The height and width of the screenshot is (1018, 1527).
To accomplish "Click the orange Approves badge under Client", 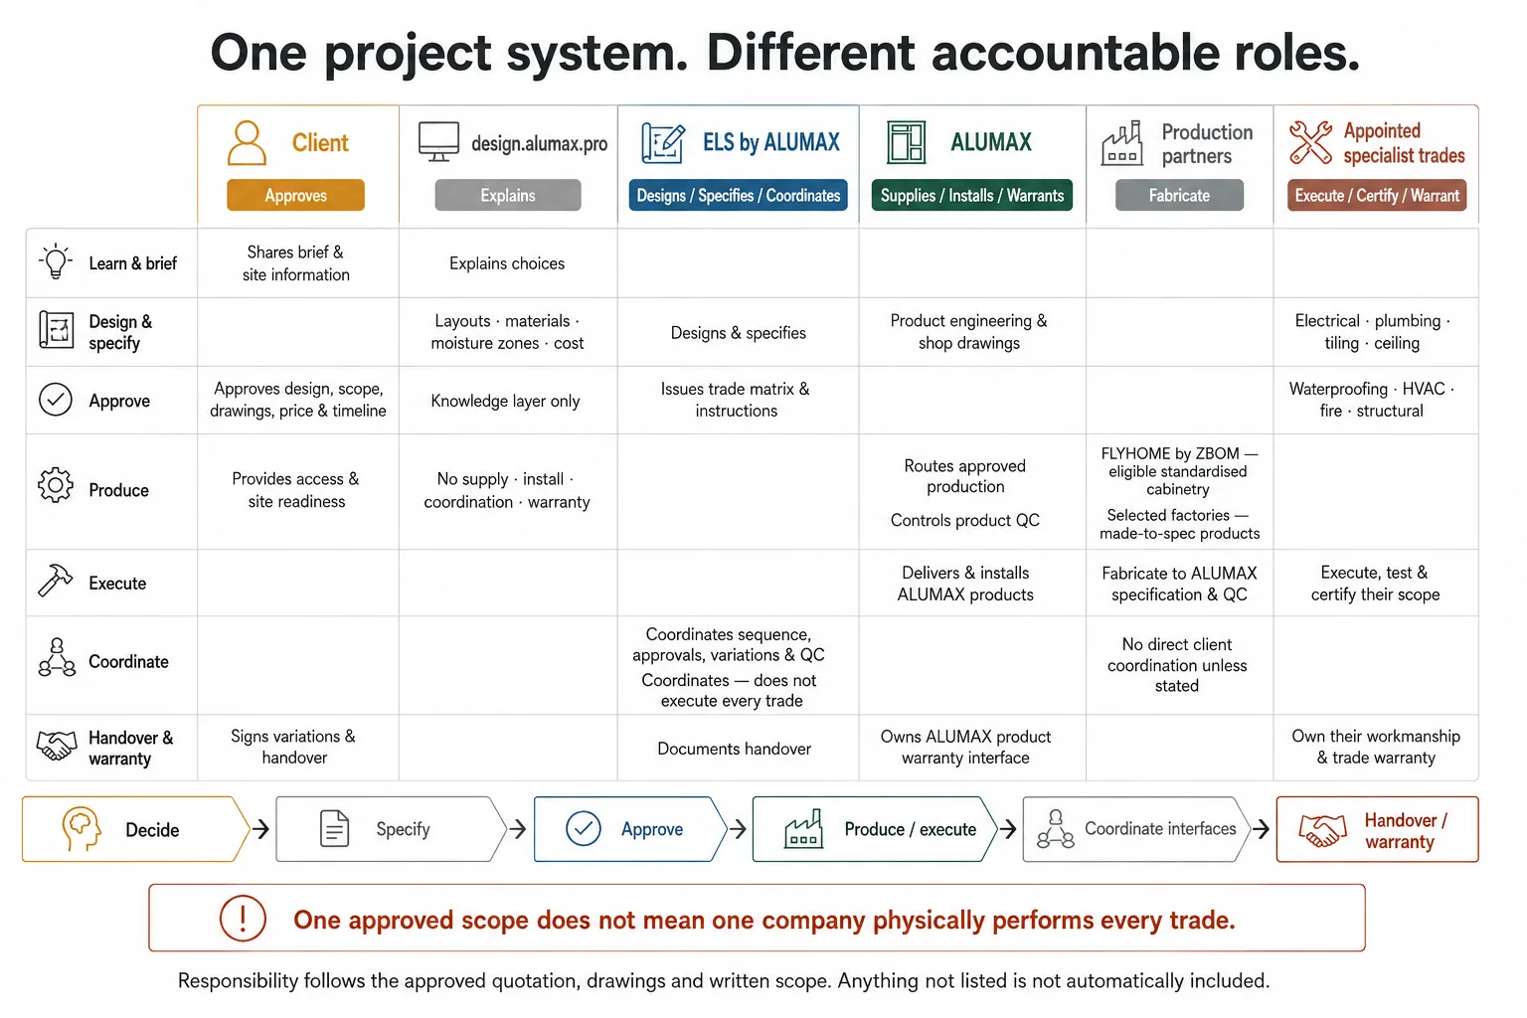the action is [x=295, y=195].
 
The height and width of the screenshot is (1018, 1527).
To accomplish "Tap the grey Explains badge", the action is [x=508, y=195].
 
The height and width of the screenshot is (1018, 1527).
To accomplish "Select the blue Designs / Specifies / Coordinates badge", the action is [x=739, y=195].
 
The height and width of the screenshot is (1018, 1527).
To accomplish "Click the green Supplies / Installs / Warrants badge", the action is [x=972, y=195].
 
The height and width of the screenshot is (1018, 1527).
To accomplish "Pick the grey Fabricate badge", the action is [x=1179, y=195].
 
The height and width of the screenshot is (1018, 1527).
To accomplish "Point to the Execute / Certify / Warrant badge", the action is [x=1377, y=195].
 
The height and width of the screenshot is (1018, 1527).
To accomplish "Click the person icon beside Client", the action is [x=247, y=142].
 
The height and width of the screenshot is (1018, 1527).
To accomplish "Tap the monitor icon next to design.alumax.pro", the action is [x=438, y=141].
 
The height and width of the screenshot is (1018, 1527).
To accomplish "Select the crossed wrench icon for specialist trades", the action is [x=1310, y=142].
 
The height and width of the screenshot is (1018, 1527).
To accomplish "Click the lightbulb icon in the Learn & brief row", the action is [x=56, y=261].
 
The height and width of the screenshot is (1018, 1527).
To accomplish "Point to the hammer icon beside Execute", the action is [x=55, y=581].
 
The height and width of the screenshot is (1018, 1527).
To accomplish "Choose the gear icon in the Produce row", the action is [x=56, y=485].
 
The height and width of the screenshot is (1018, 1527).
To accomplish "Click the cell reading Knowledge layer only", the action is [x=505, y=401].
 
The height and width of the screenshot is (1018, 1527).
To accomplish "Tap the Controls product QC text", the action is [x=964, y=520].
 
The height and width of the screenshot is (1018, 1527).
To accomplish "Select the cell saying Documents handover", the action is [x=735, y=749].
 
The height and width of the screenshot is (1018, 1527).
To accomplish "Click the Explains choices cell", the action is [x=506, y=263].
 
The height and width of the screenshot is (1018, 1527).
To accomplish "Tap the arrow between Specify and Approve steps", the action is [x=518, y=829].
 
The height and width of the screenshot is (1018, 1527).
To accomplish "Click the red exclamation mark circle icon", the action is [x=243, y=919].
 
